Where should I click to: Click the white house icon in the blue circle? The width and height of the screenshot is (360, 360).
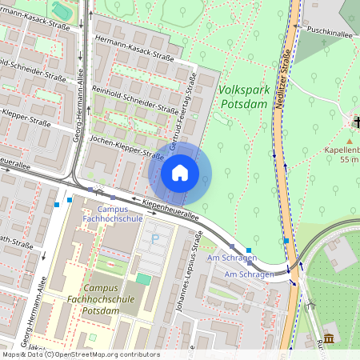[180, 172]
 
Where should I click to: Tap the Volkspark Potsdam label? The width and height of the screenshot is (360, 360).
[242, 98]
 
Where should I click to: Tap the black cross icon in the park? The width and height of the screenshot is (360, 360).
[355, 122]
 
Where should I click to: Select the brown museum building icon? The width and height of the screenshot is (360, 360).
[329, 338]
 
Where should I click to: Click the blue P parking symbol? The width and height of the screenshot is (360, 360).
[155, 238]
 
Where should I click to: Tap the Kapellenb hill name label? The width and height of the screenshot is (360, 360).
[342, 150]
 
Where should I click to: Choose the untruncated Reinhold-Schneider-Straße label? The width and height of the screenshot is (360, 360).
[134, 99]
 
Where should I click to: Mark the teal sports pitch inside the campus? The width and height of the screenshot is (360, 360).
[143, 278]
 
